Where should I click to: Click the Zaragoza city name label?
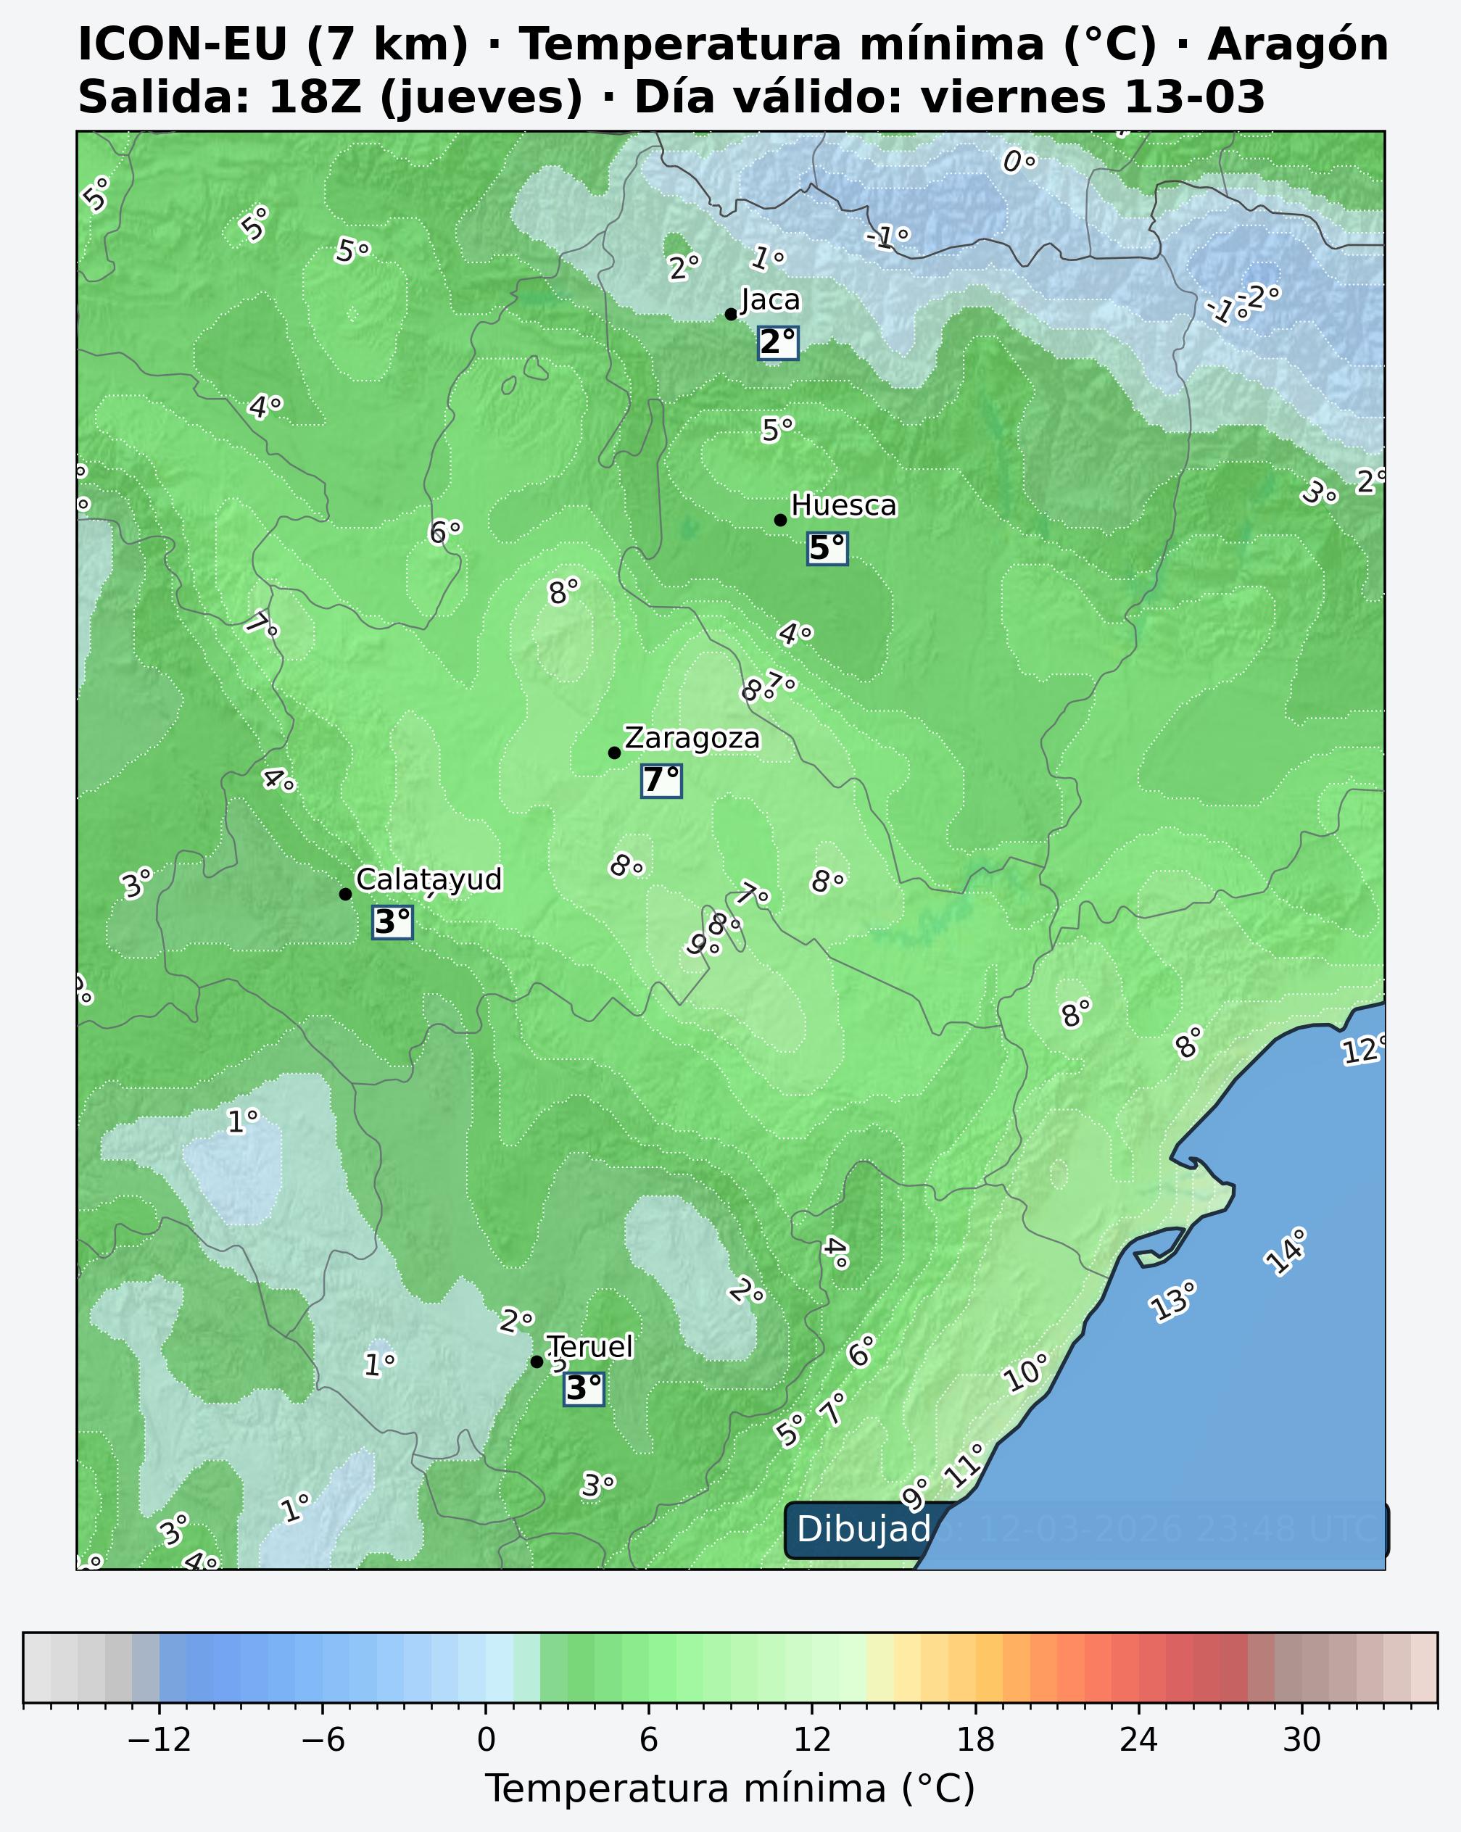point(692,739)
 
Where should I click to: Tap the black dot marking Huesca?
point(780,520)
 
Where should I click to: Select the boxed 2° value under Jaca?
point(778,342)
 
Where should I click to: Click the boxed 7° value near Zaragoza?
point(661,780)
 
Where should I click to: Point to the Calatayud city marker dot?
point(345,894)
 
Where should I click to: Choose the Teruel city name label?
point(590,1347)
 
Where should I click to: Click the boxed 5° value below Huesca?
point(827,548)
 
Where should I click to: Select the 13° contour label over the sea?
point(1174,1300)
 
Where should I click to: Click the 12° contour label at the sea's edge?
point(1363,1050)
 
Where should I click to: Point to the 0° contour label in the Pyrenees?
point(1018,162)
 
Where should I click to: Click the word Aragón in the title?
point(1298,44)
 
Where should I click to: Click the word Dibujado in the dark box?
point(864,1530)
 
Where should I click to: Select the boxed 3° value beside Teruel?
point(584,1388)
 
